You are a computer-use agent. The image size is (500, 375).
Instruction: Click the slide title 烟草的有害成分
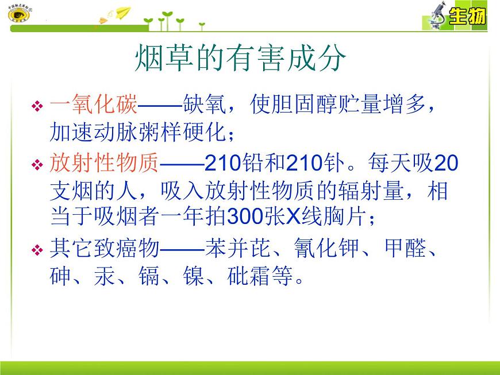pos(241,58)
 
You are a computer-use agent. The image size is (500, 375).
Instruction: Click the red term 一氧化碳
pos(94,106)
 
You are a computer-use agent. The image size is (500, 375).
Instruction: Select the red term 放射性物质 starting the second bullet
pos(103,164)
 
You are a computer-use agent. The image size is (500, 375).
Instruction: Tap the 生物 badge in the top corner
pos(467,16)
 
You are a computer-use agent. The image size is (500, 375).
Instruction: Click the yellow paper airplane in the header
pos(119,13)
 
